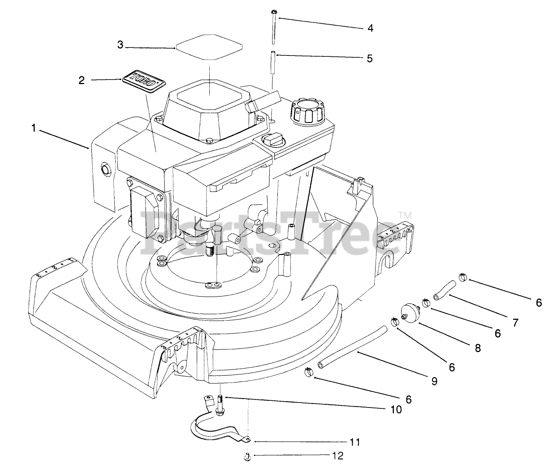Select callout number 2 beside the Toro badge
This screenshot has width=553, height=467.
(82, 81)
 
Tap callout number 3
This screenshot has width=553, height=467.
(120, 45)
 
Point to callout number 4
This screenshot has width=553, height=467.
(370, 28)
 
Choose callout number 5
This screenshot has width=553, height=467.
(370, 59)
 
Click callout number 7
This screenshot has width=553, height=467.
(515, 322)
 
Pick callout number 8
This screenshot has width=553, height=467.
(478, 348)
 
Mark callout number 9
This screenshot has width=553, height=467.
(434, 381)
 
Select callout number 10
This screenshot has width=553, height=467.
(396, 409)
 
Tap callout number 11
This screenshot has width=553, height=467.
(354, 442)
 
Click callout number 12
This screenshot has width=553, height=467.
(338, 456)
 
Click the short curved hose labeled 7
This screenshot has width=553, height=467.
(444, 290)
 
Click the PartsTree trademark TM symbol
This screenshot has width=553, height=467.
(405, 216)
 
